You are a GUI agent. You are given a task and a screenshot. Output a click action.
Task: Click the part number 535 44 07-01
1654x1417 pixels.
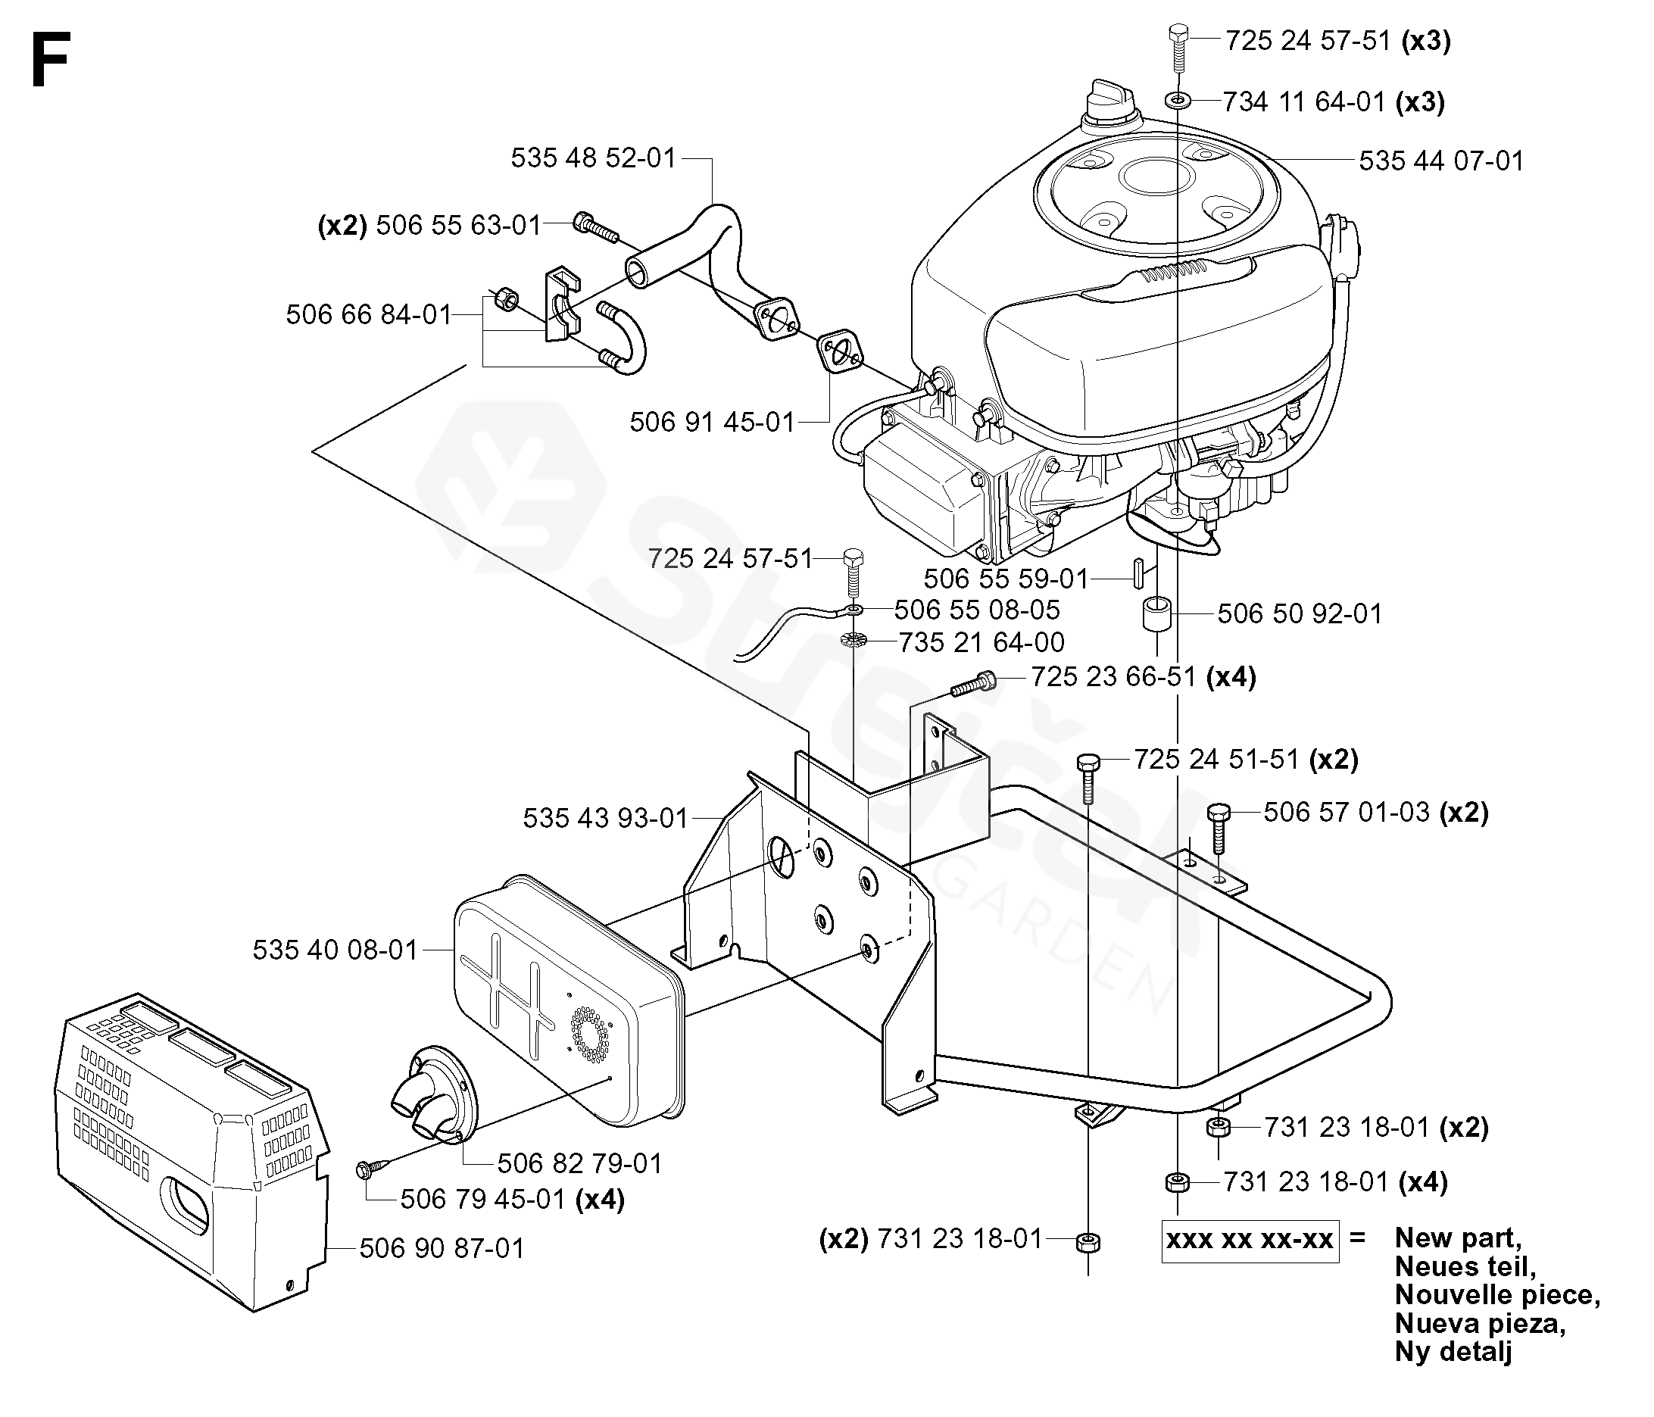tap(1442, 161)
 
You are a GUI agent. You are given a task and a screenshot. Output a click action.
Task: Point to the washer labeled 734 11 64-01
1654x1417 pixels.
tap(1178, 101)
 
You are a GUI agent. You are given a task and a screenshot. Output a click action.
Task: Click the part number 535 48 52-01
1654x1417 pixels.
tap(593, 158)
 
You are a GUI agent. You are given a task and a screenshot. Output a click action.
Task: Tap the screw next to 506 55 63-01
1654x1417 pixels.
tap(596, 225)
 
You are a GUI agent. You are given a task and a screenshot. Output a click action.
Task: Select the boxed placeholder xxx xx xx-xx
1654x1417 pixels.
tap(1250, 1240)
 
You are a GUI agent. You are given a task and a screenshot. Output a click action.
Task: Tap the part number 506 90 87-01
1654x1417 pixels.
tap(442, 1248)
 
